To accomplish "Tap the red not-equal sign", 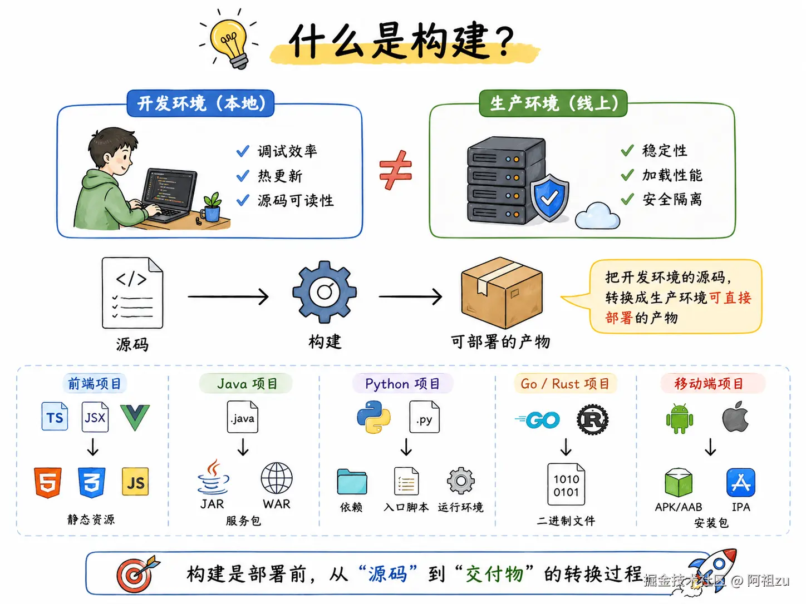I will tap(395, 170).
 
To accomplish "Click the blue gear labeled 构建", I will tap(325, 292).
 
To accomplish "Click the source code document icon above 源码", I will tap(132, 293).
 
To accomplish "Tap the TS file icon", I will tap(55, 417).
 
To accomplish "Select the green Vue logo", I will tap(135, 417).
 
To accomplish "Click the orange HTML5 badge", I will tap(48, 482).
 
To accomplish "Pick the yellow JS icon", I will tap(135, 482).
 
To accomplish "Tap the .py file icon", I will tap(424, 418).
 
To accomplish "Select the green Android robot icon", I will tap(679, 419).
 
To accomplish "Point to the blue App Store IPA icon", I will tap(740, 482).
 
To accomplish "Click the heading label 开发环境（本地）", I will tap(200, 103).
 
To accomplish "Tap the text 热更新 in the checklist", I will tap(280, 176).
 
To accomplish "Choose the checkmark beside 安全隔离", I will tap(627, 199).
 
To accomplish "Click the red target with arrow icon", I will tap(135, 575).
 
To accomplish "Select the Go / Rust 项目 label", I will tap(565, 384).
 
